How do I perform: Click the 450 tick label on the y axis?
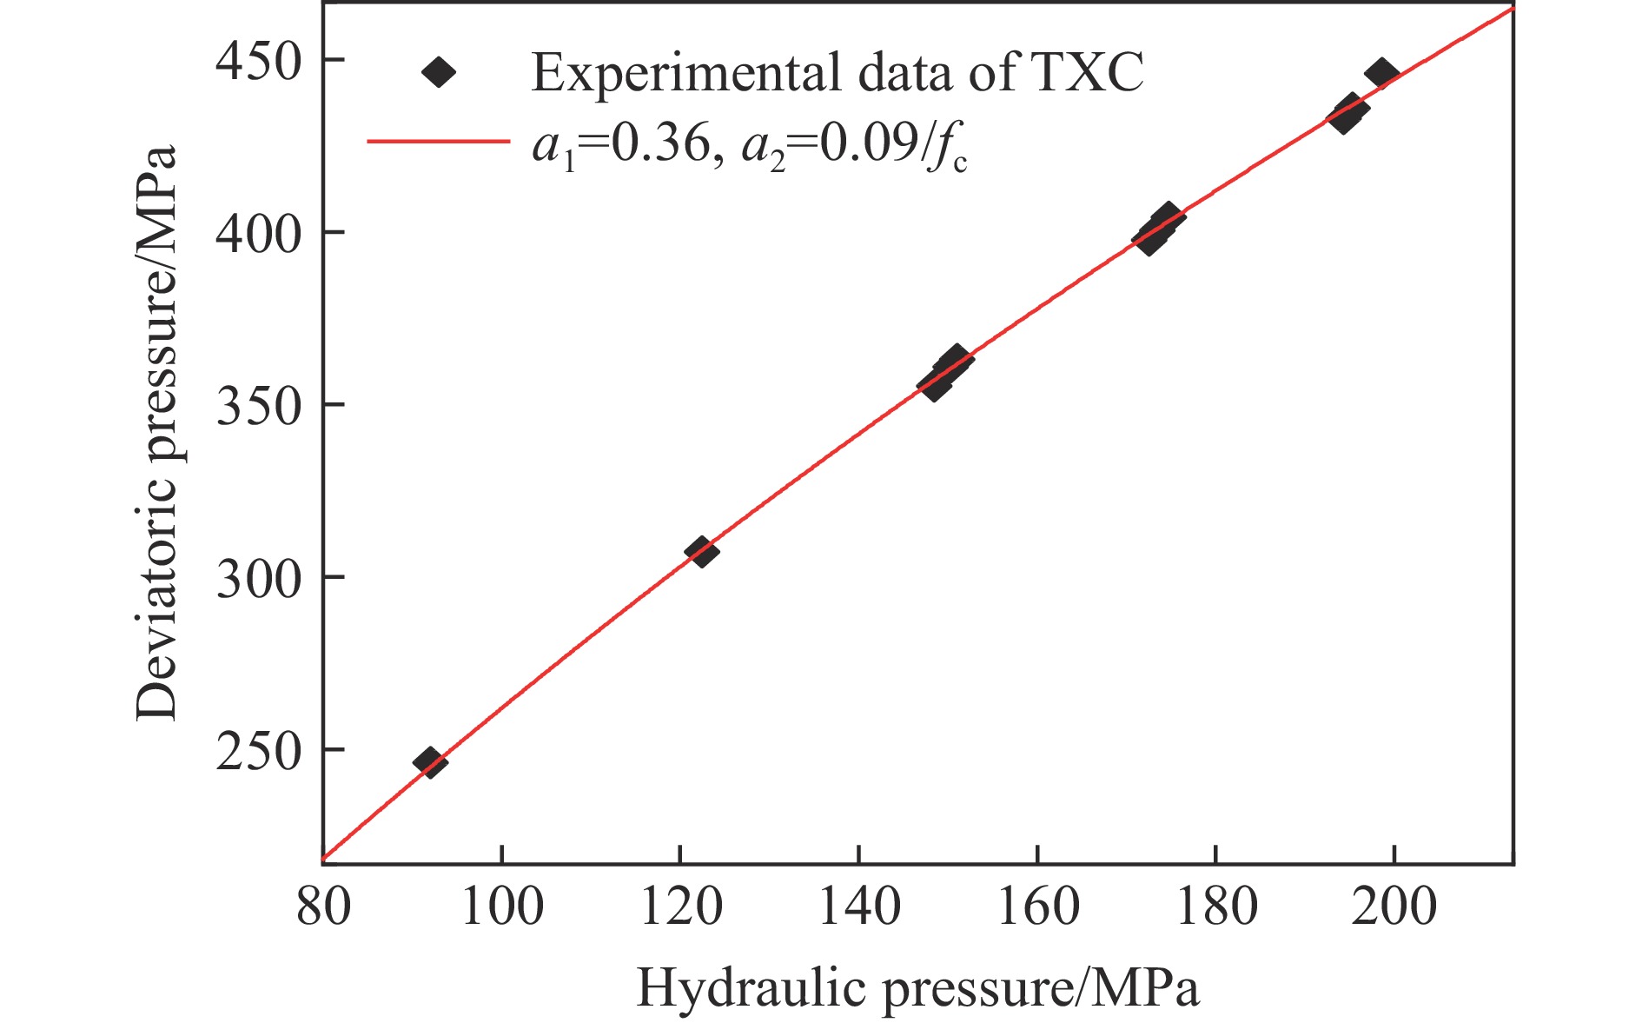[258, 61]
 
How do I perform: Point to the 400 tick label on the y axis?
[258, 233]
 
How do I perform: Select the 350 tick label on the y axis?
[258, 406]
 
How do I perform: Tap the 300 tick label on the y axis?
[258, 578]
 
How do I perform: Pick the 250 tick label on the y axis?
[258, 750]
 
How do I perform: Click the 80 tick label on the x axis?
[323, 907]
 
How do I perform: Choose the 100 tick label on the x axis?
[501, 907]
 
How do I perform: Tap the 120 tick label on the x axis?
[680, 907]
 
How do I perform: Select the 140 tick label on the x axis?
[859, 907]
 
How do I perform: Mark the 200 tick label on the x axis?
[1394, 907]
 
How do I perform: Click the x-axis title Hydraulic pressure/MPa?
[917, 989]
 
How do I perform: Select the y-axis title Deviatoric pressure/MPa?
[156, 432]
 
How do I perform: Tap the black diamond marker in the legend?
[439, 72]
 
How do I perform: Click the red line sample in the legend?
[439, 142]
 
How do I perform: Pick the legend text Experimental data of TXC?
[837, 72]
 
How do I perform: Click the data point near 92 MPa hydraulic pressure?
[430, 762]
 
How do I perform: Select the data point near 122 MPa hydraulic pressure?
[701, 551]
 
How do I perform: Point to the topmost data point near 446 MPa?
[1381, 74]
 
